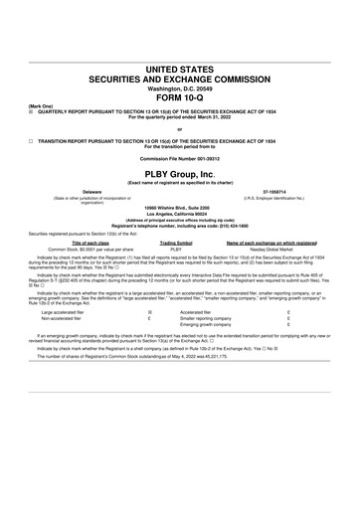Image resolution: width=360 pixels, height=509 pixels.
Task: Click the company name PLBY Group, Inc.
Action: [x=179, y=173]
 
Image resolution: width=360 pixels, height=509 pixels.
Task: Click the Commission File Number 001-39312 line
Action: [x=179, y=160]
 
